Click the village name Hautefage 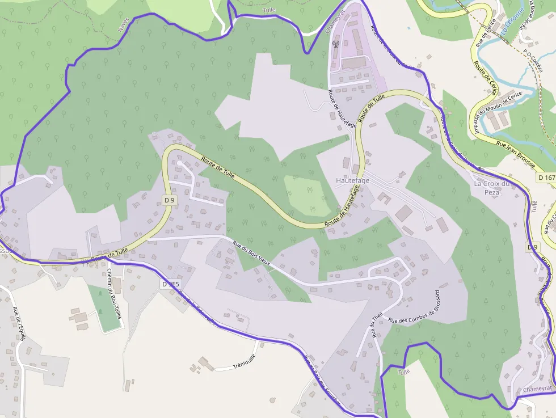pos(352,180)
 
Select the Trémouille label pos(246,366)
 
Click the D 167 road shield pos(546,178)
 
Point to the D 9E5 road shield pos(170,284)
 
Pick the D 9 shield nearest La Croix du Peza pos(532,247)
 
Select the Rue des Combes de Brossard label pos(415,307)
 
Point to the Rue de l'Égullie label pos(19,323)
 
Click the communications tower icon pos(335,44)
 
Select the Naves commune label pos(124,23)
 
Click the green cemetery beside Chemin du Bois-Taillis pos(102,309)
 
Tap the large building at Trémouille pos(206,363)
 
